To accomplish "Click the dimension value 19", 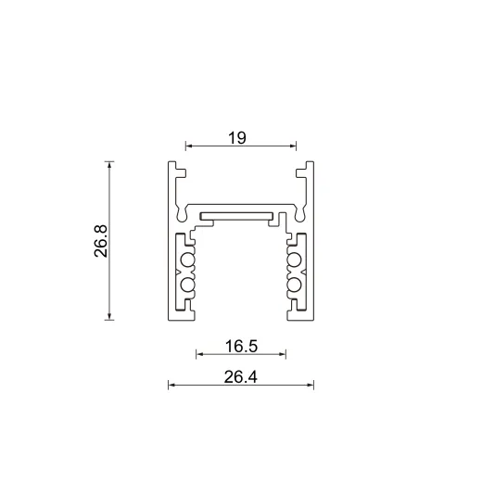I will (236, 137).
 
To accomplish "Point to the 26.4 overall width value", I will (240, 376).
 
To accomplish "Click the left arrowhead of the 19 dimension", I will (189, 146).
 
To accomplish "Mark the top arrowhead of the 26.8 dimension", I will (110, 165).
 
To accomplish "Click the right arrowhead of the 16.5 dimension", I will (283, 353).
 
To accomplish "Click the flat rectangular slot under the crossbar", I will (240, 217).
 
